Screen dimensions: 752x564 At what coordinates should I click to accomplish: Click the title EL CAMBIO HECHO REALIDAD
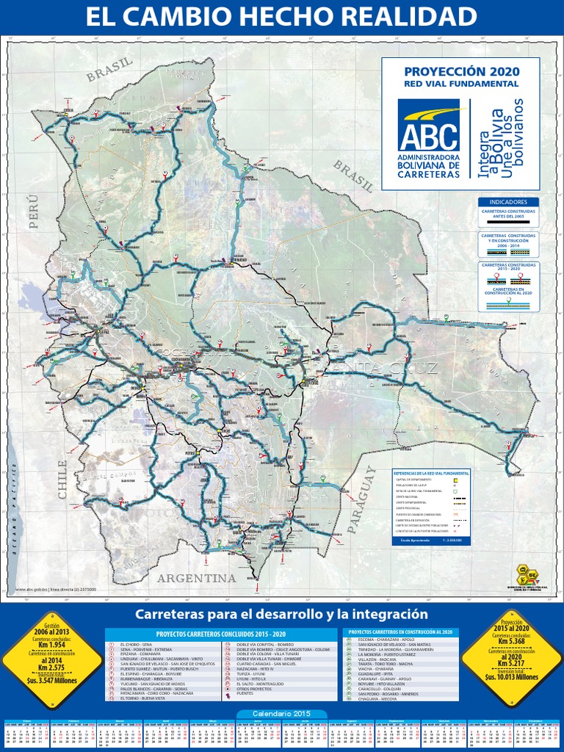point(281,18)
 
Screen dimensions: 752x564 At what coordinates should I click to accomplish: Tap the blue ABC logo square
point(429,126)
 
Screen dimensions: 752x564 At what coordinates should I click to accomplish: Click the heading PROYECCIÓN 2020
point(461,71)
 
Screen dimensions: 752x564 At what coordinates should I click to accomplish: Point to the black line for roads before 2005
point(509,222)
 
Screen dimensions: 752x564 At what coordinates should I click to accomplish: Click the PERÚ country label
point(33,212)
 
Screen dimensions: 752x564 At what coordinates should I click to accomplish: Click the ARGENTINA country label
point(198,578)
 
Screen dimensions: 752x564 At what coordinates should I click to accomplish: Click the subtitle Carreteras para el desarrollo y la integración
point(281,613)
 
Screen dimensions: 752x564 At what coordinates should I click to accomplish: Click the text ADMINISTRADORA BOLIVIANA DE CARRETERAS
point(429,166)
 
